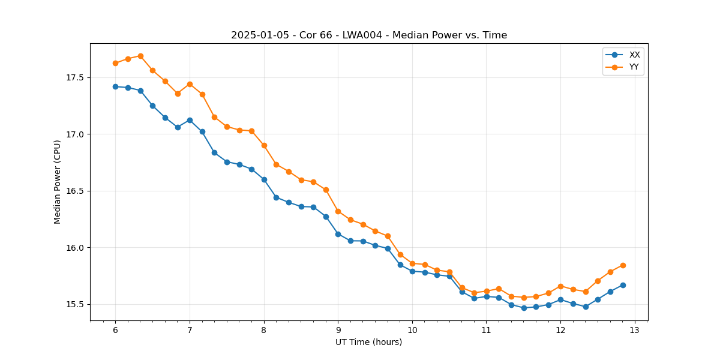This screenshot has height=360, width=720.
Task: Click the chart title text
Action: [369, 35]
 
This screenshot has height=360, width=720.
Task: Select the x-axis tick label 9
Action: [338, 330]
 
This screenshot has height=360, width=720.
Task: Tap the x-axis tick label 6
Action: [115, 330]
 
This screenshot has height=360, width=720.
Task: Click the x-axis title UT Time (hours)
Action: [368, 342]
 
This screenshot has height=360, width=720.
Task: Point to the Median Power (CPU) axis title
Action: [58, 182]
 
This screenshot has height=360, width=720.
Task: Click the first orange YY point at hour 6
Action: [115, 63]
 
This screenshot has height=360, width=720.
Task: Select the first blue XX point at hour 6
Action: [115, 86]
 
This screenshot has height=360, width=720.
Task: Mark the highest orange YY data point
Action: [140, 56]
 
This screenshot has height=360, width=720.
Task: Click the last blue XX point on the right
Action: [623, 285]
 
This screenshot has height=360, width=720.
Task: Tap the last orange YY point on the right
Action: [623, 265]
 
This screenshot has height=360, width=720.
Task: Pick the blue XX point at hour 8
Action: [264, 179]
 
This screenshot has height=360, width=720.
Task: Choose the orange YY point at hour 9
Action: [338, 211]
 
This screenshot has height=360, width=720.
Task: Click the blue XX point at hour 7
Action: [190, 120]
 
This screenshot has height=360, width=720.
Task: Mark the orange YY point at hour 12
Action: [560, 286]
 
